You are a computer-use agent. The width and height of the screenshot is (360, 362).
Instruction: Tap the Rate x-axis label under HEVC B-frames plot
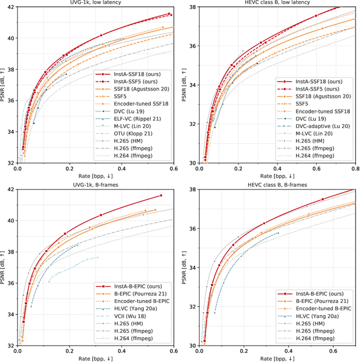pyautogui.click(x=278, y=358)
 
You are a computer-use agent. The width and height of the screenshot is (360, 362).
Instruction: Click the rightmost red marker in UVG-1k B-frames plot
pyautogui.click(x=161, y=196)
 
